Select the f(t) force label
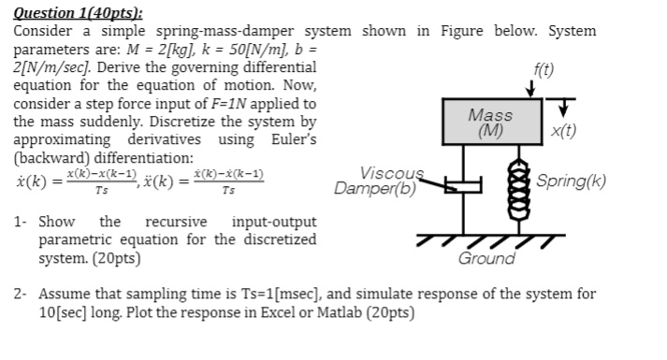[543, 69]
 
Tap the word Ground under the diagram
[486, 258]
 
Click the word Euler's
[295, 140]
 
